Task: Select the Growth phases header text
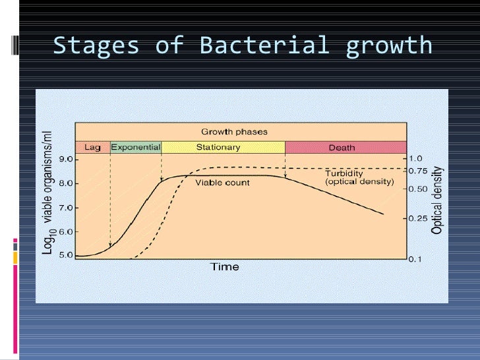(234, 132)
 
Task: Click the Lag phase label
(92, 147)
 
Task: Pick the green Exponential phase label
(135, 147)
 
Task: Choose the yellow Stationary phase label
(218, 147)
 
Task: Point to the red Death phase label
(342, 148)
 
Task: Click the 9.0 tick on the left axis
(67, 159)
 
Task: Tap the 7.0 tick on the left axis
(67, 208)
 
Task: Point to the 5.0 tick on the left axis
(67, 256)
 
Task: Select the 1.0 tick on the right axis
(415, 159)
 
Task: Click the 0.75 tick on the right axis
(417, 171)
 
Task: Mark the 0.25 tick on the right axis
(417, 218)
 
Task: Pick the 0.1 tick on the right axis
(415, 259)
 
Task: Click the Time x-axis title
(224, 267)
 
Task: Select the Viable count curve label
(222, 183)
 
